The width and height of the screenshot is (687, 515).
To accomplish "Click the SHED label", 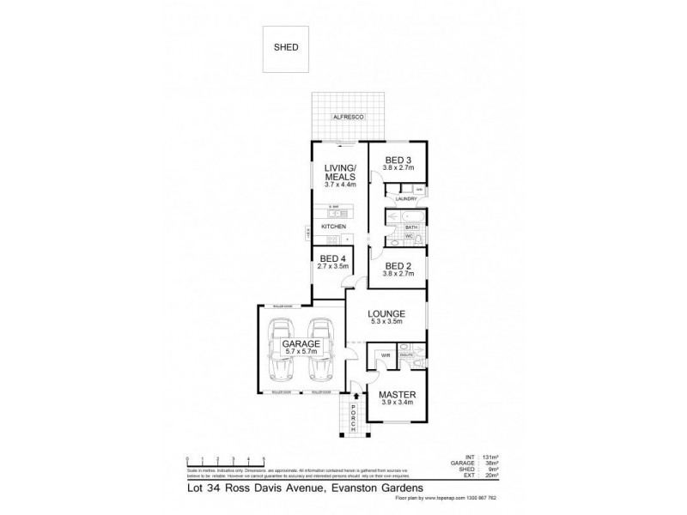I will coord(286,48).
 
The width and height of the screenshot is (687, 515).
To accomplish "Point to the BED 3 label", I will coord(398,160).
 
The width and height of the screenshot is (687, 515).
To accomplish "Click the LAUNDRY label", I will coord(406,200).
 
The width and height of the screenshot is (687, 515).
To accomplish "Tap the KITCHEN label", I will coord(333,227).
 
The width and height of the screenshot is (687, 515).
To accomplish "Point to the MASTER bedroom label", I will coord(397,396).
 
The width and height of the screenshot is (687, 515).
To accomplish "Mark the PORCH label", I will coord(353,418).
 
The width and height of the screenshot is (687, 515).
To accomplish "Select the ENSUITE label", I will coord(407,353).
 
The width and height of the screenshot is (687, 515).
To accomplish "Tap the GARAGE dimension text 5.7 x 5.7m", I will coord(301,352).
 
